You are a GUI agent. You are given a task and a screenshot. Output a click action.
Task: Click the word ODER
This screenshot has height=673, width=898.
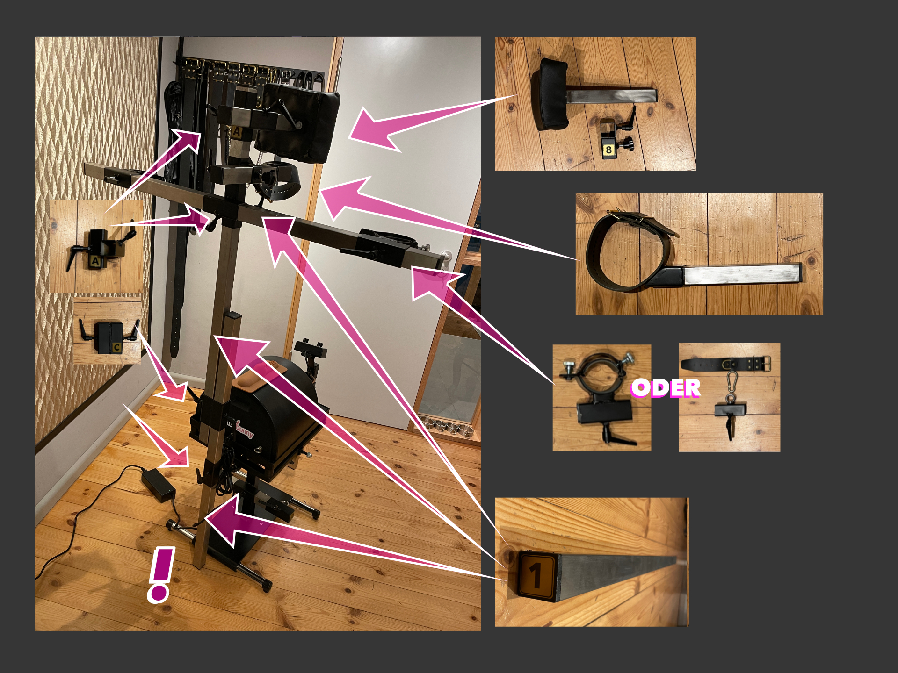[x=666, y=388]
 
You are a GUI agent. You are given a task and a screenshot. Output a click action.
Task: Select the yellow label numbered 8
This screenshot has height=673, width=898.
[x=608, y=150]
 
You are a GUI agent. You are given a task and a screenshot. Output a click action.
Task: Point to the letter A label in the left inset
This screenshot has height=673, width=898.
[x=95, y=261]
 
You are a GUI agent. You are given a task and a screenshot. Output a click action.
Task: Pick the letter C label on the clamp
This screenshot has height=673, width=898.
[x=116, y=347]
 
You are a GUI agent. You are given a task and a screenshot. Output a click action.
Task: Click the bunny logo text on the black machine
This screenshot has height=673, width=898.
[x=245, y=429]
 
